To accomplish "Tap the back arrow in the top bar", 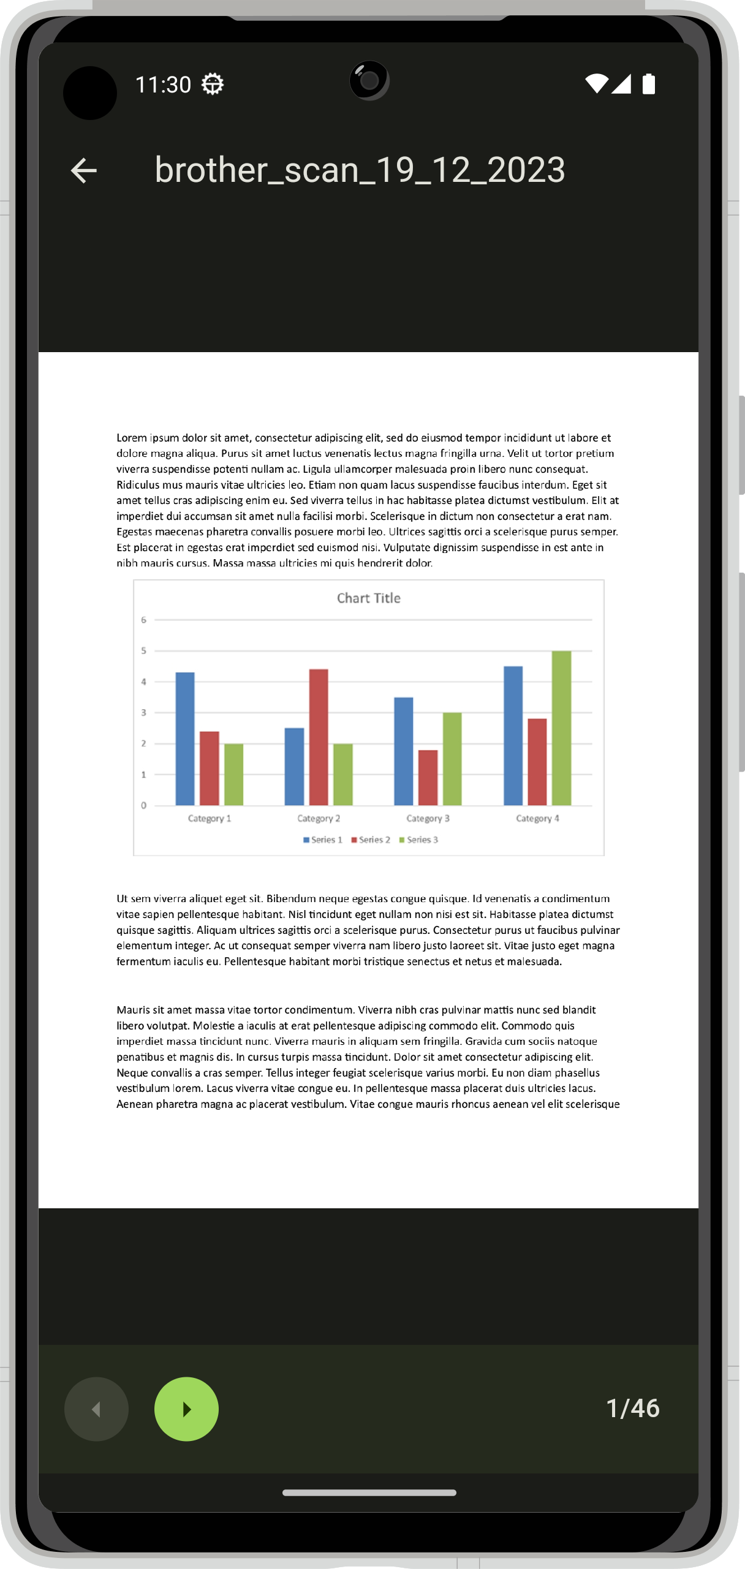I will (x=84, y=171).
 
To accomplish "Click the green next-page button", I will (x=186, y=1409).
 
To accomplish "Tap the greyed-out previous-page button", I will (x=96, y=1409).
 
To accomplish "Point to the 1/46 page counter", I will (x=632, y=1409).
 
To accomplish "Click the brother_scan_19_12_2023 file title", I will (x=360, y=170).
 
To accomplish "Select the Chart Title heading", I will (x=369, y=598).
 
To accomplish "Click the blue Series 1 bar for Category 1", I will (x=185, y=739).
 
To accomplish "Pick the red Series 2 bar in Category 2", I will (x=319, y=737).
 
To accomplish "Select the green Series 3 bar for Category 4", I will (x=561, y=728).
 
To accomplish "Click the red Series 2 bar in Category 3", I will (x=428, y=777).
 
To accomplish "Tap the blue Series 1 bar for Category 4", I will (x=513, y=736).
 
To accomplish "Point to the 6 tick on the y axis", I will (x=144, y=620).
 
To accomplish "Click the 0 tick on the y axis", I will (x=144, y=805).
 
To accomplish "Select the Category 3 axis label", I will (x=428, y=818).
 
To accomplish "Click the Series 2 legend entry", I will (x=371, y=840).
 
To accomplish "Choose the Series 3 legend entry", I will (x=419, y=840).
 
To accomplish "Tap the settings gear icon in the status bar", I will (x=213, y=84).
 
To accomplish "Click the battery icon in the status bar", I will (x=649, y=84).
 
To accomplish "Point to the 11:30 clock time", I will (x=163, y=85).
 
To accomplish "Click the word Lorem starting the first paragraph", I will (x=132, y=438).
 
